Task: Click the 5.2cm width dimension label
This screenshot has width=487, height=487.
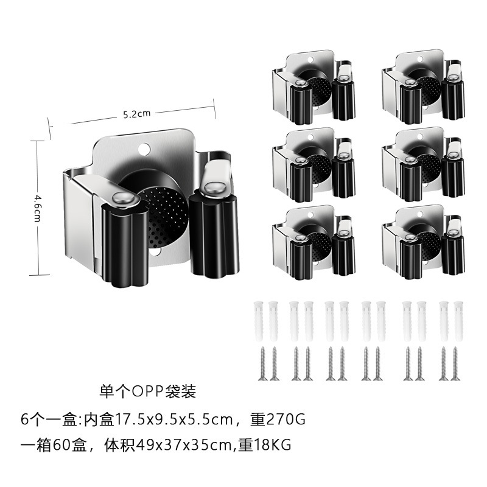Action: click(136, 113)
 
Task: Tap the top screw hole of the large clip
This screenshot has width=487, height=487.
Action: click(144, 147)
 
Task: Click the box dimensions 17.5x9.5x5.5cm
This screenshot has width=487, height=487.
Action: click(168, 419)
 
